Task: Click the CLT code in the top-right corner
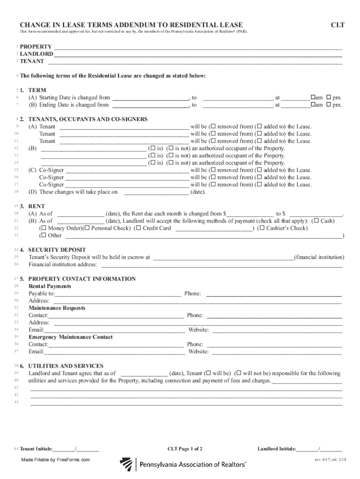pos(338,24)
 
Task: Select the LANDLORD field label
pos(36,54)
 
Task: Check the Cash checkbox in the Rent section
pos(317,221)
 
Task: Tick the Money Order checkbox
pos(43,228)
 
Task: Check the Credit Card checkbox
pos(138,228)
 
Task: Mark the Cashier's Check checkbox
pos(262,228)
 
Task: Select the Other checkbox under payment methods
pos(43,235)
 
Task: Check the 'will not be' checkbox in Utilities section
pos(238,373)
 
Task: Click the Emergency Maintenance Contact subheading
pos(71,337)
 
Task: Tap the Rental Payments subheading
pos(50,286)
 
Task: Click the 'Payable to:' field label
pos(42,293)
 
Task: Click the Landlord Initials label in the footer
pos(276,449)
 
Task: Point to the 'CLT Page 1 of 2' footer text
pos(185,449)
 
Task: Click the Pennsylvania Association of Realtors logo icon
pos(126,464)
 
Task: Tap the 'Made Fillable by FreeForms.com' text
pos(55,460)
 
